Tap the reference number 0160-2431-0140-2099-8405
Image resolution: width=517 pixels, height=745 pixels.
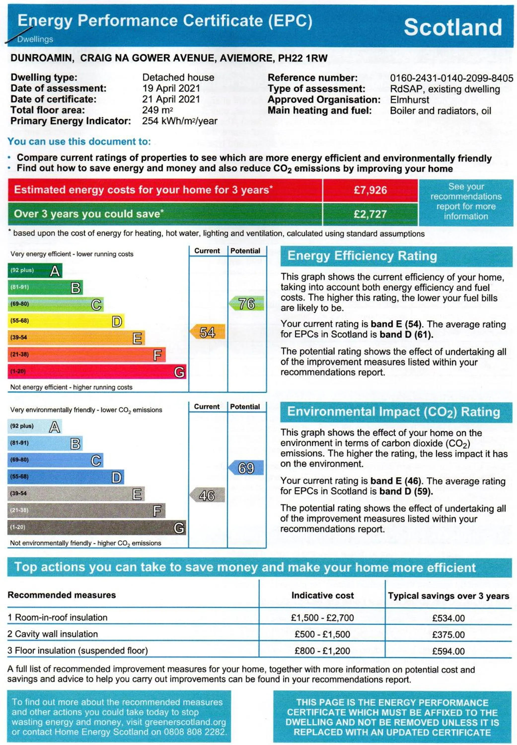pos(451,78)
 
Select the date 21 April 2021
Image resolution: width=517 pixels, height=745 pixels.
pos(171,99)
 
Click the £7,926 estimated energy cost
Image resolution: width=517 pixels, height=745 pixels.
pos(370,190)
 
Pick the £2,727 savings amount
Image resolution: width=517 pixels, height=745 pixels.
pos(370,214)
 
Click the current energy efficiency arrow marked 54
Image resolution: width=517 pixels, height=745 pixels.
pos(207,332)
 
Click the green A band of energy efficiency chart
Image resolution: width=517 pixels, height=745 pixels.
pos(35,270)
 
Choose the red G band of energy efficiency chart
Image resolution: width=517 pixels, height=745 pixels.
pos(97,372)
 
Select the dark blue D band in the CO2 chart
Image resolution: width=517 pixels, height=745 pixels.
pos(66,477)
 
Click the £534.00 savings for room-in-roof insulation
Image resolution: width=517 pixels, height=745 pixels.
pos(448,618)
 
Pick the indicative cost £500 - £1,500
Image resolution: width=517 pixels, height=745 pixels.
pos(322,634)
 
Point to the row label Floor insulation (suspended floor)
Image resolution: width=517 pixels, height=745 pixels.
pos(78,651)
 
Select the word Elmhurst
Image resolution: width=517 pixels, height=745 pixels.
pos(409,100)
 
